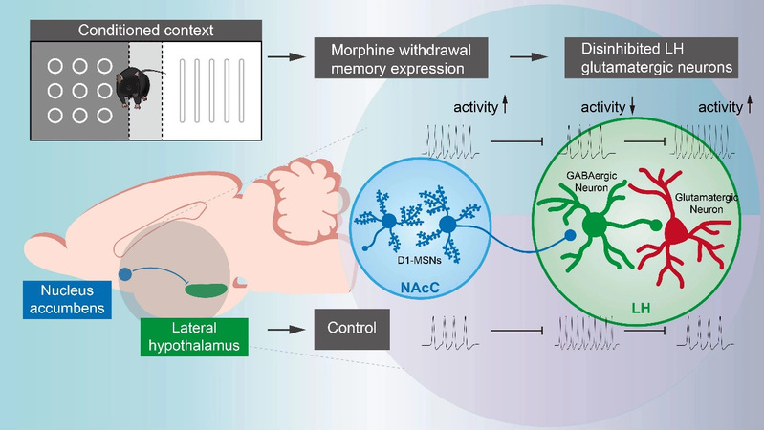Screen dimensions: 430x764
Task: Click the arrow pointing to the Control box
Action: tap(280, 331)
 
